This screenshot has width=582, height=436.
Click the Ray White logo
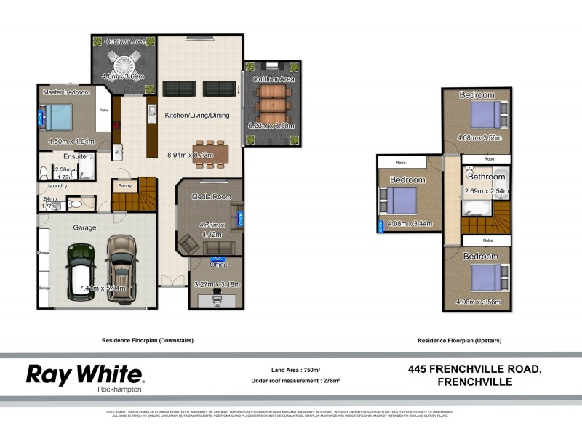click(x=85, y=375)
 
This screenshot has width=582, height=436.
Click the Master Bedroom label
click(x=66, y=92)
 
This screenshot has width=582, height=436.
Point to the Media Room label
click(x=211, y=197)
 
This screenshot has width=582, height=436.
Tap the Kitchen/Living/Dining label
click(x=196, y=116)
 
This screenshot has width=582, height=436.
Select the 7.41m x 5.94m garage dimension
click(x=103, y=288)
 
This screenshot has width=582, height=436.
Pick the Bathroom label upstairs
click(x=486, y=177)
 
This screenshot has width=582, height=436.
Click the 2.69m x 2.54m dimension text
click(x=486, y=192)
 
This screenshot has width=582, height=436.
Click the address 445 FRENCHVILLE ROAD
click(x=474, y=369)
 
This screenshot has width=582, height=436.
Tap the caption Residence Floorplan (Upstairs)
click(x=460, y=340)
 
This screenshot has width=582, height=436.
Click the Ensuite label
click(x=75, y=156)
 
